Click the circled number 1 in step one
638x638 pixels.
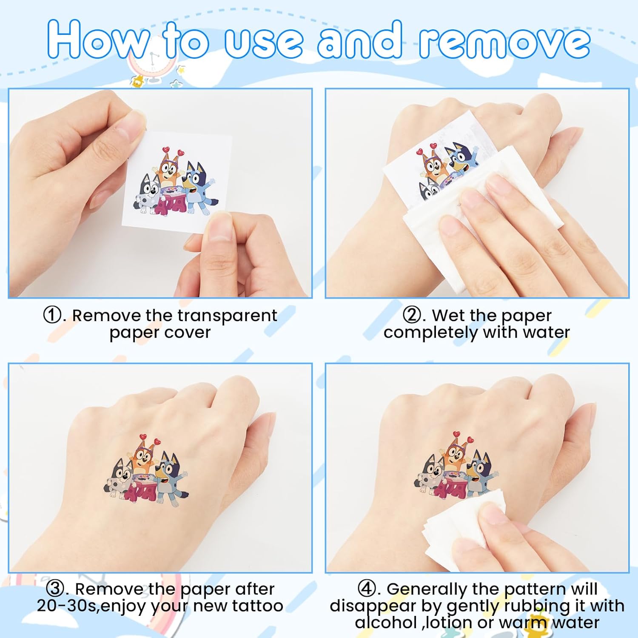click(x=53, y=316)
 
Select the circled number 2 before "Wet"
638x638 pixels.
click(x=412, y=316)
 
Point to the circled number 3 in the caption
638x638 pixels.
click(x=55, y=589)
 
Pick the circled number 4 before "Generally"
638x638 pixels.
click(x=367, y=589)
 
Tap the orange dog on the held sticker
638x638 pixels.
click(x=169, y=170)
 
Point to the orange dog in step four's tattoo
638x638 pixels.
click(x=456, y=456)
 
